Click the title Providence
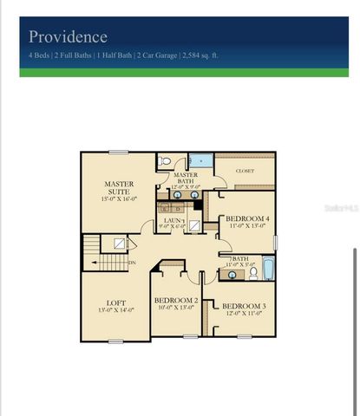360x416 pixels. [68, 37]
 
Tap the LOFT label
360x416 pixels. [115, 302]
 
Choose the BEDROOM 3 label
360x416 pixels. [242, 306]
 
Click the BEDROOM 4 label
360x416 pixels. [247, 219]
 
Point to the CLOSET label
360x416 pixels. [245, 172]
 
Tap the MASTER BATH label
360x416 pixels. [186, 178]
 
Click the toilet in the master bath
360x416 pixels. [165, 161]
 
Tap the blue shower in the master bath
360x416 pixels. [200, 160]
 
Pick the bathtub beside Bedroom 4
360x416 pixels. [268, 270]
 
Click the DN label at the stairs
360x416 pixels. [131, 262]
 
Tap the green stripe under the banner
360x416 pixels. [180, 73]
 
